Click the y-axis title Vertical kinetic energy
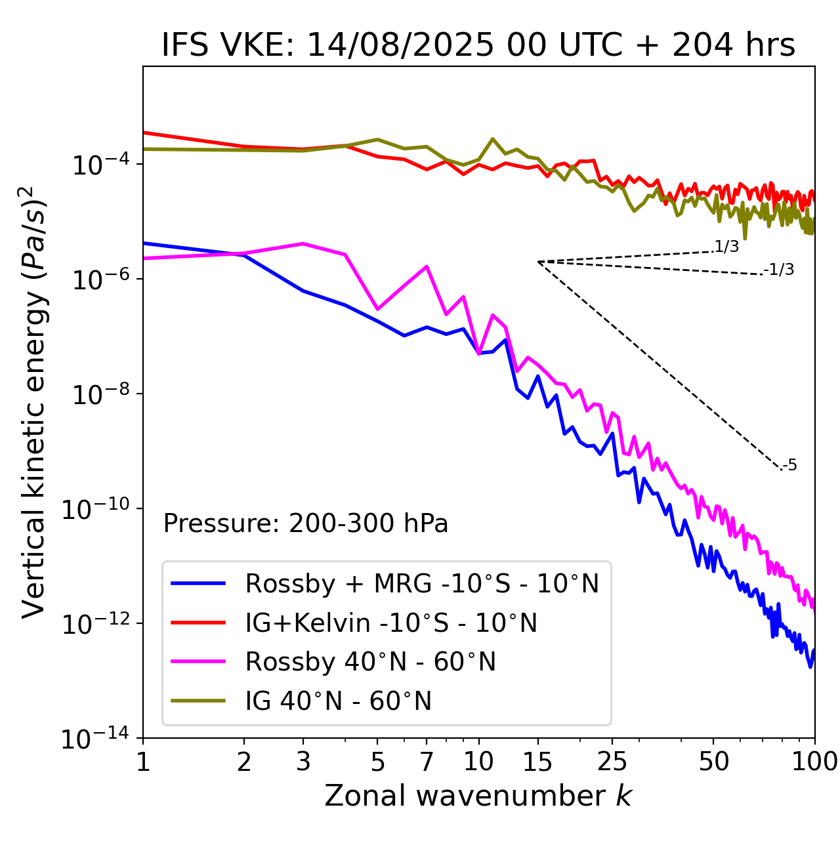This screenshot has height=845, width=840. click(34, 402)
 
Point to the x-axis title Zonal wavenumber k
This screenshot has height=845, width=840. click(478, 796)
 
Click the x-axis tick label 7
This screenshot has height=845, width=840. click(427, 762)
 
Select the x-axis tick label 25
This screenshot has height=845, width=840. click(612, 762)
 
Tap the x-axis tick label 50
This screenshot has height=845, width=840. click(713, 762)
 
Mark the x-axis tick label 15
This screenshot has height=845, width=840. click(537, 762)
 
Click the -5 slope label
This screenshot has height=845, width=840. click(789, 466)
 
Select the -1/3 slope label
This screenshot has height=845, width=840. click(779, 270)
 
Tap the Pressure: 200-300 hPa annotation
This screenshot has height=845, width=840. click(306, 524)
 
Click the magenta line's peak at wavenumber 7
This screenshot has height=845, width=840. click(427, 266)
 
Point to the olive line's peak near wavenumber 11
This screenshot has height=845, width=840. click(493, 139)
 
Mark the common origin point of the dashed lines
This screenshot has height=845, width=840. click(538, 262)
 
